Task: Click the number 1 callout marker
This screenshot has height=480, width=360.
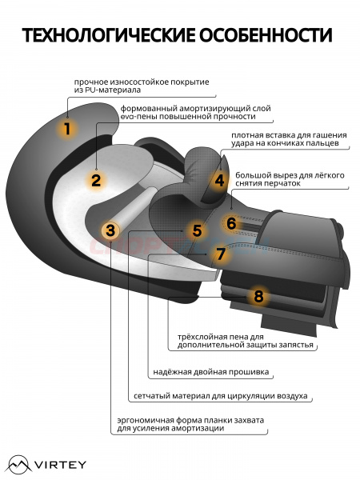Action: click(67, 129)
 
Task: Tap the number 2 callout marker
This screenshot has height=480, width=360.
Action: click(96, 180)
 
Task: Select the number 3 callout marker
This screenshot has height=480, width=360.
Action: click(110, 230)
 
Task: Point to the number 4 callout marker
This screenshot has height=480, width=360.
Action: click(219, 180)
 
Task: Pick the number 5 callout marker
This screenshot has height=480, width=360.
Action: click(197, 230)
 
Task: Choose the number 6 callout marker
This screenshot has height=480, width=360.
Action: click(231, 223)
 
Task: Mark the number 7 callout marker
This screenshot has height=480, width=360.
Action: click(221, 254)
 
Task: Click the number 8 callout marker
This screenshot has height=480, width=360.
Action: click(258, 296)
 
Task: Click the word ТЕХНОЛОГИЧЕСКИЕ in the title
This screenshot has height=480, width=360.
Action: click(109, 35)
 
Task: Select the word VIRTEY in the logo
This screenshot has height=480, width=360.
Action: click(60, 465)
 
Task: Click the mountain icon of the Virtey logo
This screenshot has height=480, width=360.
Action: click(19, 465)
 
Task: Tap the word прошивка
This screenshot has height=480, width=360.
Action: click(249, 372)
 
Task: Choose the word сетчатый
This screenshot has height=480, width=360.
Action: click(152, 396)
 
